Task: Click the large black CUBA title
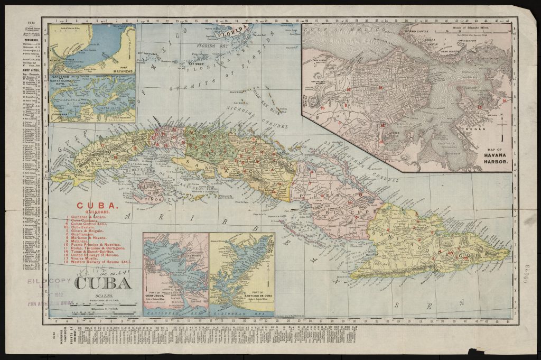coord(102,283)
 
